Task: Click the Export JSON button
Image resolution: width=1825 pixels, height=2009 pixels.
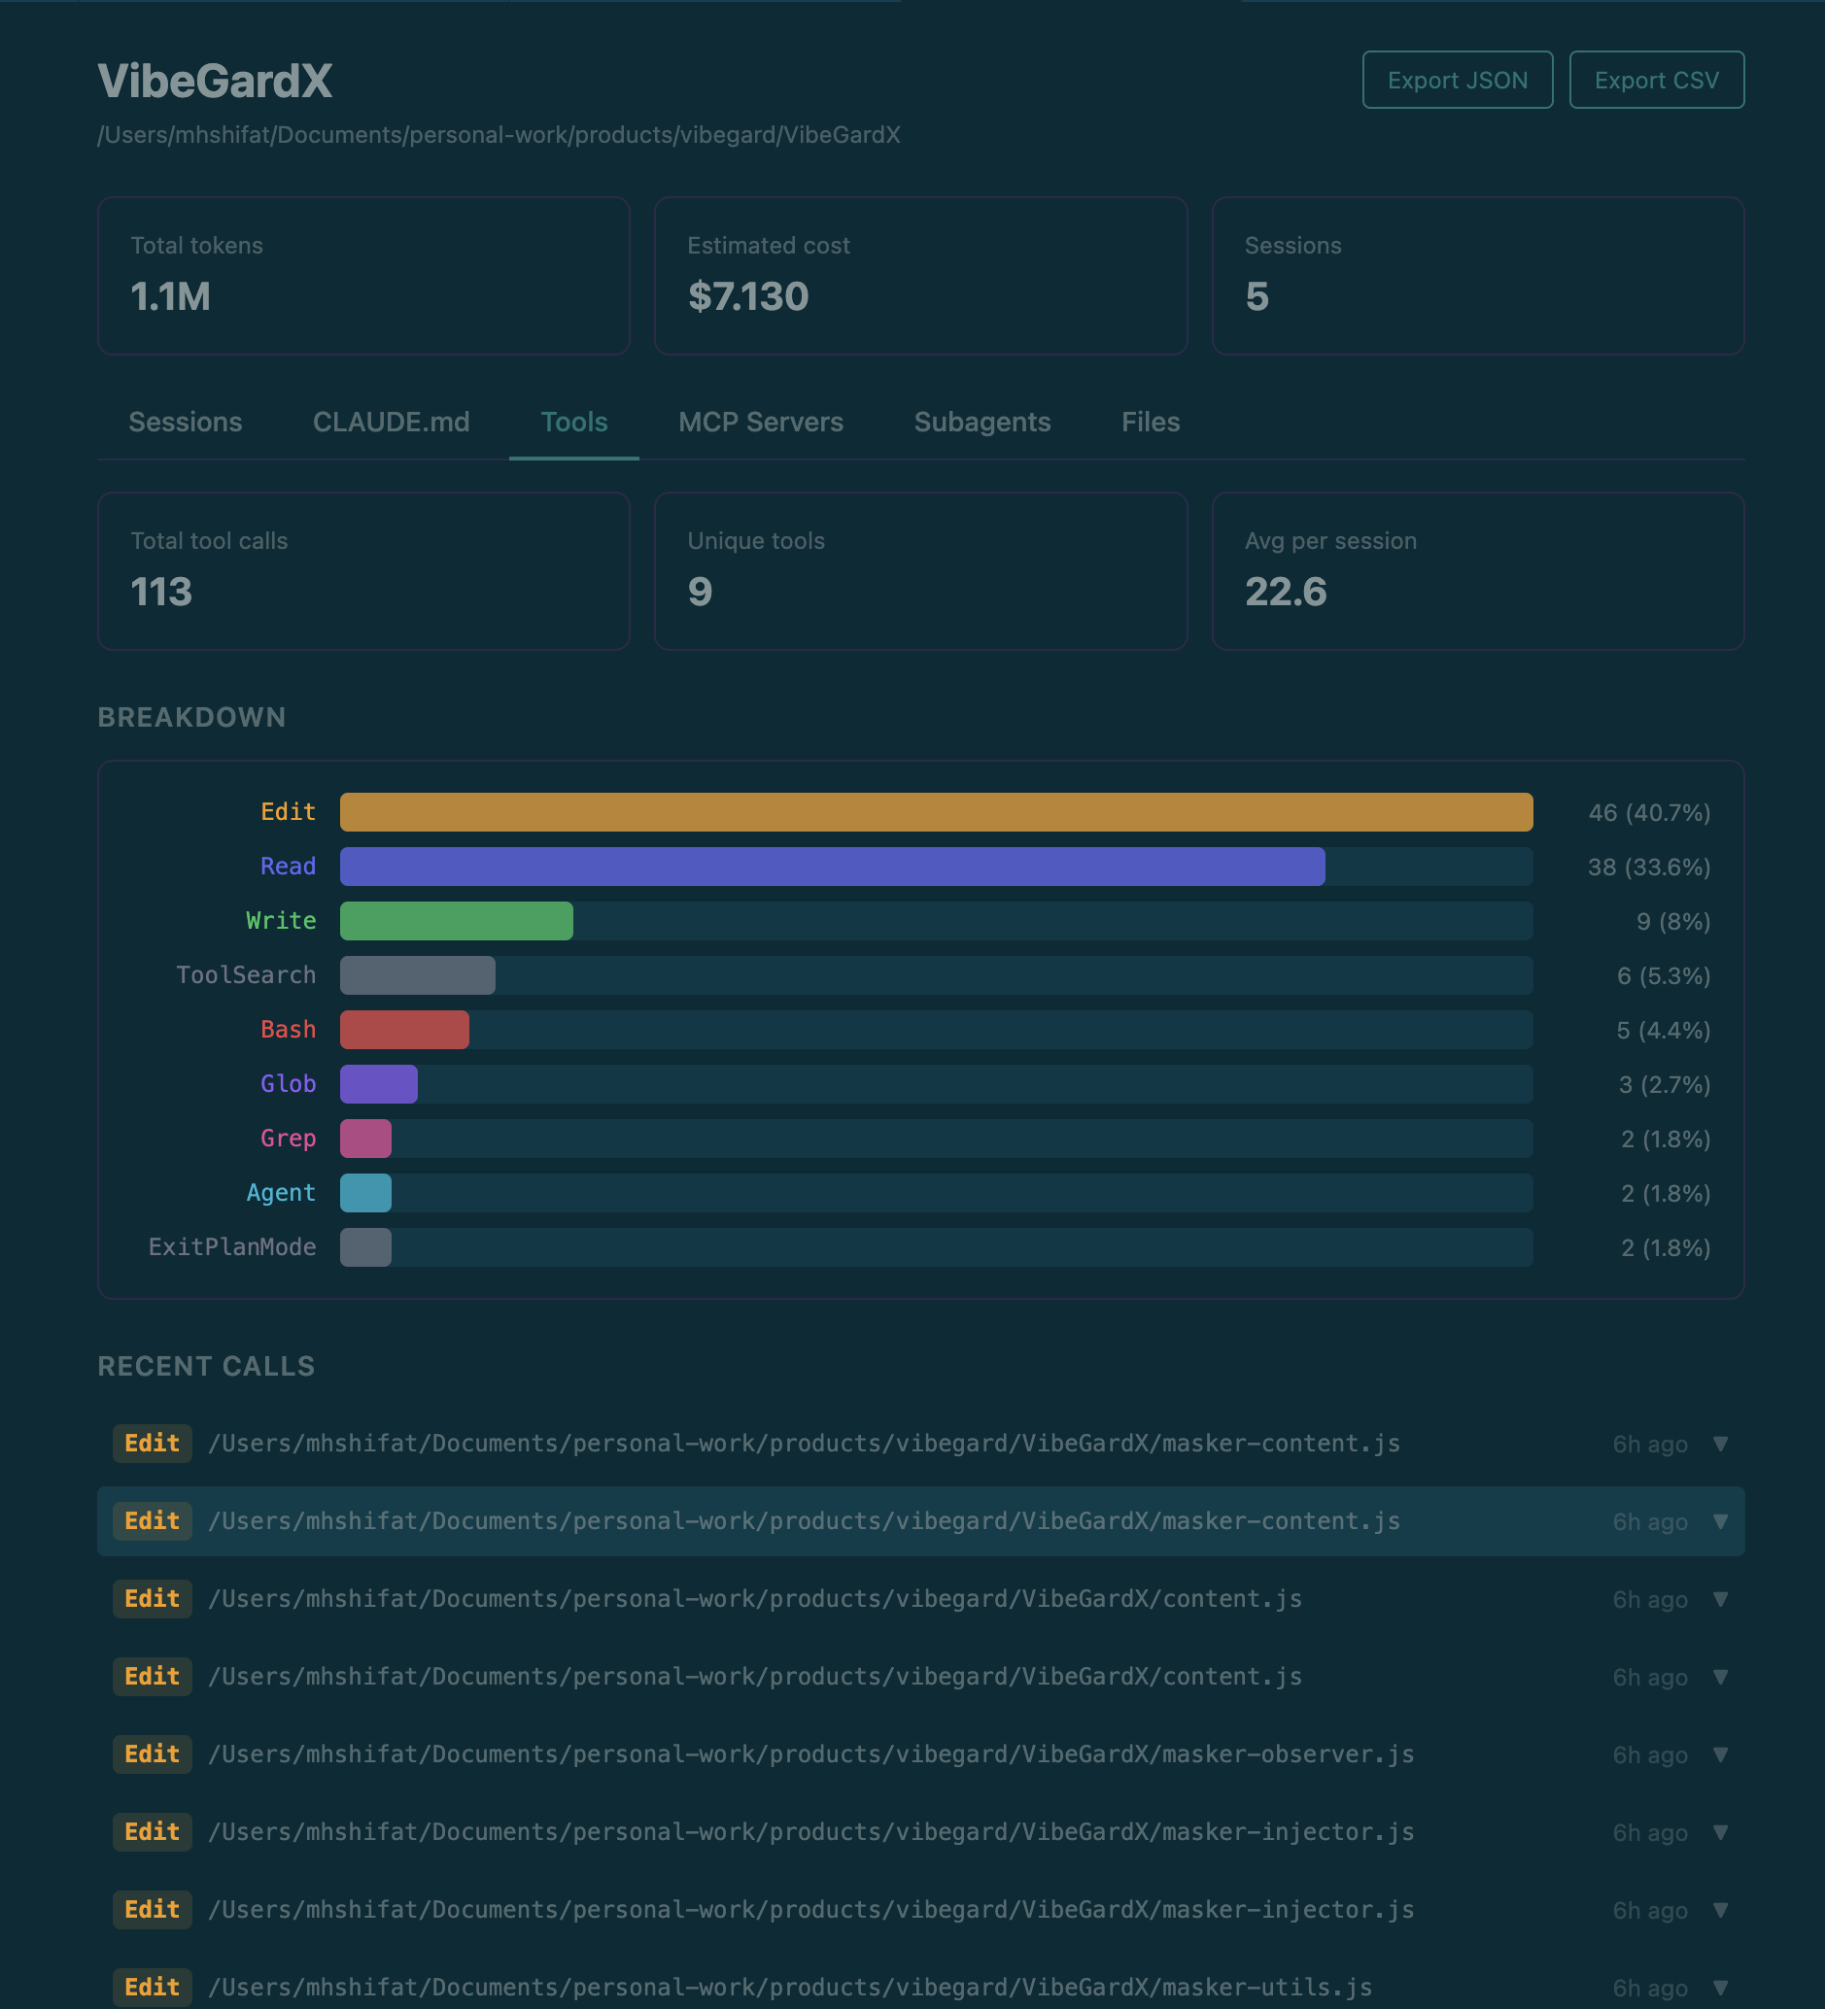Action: [1457, 80]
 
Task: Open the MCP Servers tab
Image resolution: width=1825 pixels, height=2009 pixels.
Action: [761, 422]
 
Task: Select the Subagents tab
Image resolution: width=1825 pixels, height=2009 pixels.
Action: [981, 422]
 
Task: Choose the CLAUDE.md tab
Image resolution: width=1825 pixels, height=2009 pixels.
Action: [391, 422]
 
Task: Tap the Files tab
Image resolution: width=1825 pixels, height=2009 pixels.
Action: [1151, 422]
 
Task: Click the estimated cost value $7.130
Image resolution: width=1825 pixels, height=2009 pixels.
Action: [747, 296]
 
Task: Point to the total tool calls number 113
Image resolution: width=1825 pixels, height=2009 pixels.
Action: [161, 592]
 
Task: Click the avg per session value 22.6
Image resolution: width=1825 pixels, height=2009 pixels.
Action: [1285, 592]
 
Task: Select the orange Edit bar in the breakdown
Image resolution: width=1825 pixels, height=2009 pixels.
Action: [935, 812]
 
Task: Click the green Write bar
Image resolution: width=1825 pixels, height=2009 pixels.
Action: [456, 921]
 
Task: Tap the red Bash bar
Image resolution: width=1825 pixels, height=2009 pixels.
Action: [403, 1030]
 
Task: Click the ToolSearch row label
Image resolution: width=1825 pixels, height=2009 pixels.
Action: [245, 974]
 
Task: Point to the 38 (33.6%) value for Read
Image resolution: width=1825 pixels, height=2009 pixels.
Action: [1647, 867]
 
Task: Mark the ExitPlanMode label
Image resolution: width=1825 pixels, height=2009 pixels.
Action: [231, 1246]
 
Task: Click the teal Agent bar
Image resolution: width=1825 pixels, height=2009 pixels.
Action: [364, 1193]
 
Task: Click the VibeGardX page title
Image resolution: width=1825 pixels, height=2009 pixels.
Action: [215, 81]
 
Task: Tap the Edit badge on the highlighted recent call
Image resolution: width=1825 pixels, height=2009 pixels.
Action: [152, 1520]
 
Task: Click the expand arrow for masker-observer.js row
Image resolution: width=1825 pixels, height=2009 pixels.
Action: [1719, 1754]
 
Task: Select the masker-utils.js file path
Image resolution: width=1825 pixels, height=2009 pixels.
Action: [789, 1987]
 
